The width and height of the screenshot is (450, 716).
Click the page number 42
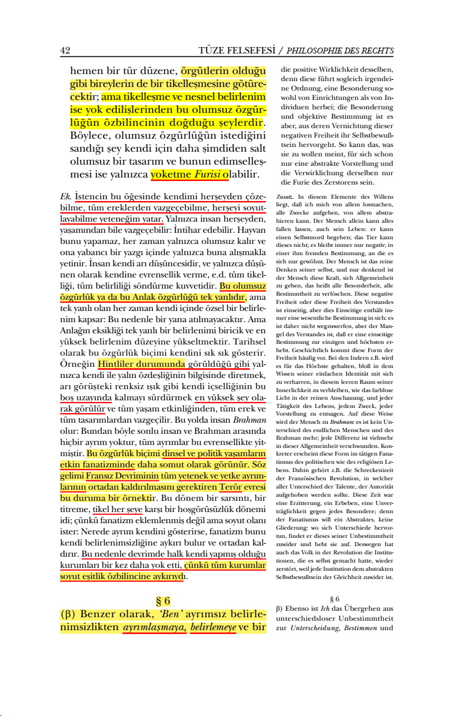click(65, 51)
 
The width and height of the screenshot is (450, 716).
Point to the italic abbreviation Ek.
click(65, 196)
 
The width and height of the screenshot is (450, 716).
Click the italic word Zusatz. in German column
click(284, 197)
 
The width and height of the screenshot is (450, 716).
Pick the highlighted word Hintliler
click(118, 363)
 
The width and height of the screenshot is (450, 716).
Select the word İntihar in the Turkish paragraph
click(189, 229)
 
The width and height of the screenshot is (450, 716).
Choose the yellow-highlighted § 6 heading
click(163, 601)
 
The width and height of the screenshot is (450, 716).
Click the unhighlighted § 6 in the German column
click(335, 598)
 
